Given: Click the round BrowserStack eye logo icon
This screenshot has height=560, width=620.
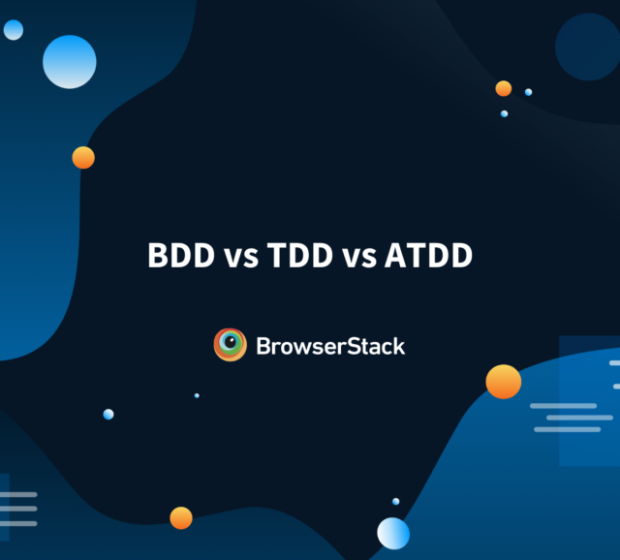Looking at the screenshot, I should point(231,345).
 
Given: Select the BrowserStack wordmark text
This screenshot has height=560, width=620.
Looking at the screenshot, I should point(330,345).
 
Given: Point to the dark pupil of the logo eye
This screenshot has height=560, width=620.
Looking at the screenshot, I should point(231,344).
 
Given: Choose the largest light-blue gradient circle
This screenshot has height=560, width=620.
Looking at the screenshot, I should point(70,61).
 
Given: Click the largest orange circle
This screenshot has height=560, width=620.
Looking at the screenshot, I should point(504,382).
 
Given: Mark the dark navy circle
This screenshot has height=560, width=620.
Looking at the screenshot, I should point(587,47).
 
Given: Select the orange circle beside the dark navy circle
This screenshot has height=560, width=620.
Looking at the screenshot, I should point(504,88).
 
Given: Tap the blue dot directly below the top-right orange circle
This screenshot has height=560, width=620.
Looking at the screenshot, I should point(504,113).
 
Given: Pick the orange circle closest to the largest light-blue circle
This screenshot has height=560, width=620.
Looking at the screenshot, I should point(83,158).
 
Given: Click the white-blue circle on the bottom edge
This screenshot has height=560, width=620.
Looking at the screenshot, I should point(393,533).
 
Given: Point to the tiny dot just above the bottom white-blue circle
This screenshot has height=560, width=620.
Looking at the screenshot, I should point(395,501).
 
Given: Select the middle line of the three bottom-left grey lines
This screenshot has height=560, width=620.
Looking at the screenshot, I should point(18,508).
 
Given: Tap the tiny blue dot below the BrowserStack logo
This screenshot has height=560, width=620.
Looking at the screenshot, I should point(197,395).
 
